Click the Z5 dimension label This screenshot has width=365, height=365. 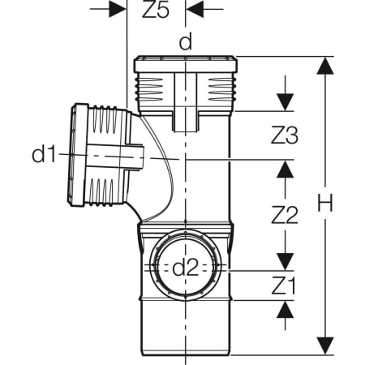(x=156, y=11)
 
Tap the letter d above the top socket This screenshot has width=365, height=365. (x=186, y=41)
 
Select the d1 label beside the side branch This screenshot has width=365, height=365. (x=44, y=153)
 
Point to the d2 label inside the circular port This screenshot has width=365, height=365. (x=186, y=268)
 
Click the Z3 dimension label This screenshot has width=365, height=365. (x=285, y=135)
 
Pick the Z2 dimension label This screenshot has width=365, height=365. (x=285, y=215)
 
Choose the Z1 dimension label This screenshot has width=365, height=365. (x=284, y=286)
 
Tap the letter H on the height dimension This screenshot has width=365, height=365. (x=325, y=203)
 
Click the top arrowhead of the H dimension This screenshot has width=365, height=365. (x=325, y=65)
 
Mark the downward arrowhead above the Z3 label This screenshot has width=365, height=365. (x=285, y=102)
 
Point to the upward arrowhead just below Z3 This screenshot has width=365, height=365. (x=285, y=169)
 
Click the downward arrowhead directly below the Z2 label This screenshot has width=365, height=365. (x=285, y=262)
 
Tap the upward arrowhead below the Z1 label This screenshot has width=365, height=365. (x=285, y=309)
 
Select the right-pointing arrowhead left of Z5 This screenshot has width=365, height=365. (x=118, y=9)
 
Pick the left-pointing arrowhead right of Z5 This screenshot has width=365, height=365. (x=195, y=9)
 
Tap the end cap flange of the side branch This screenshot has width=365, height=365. (x=78, y=155)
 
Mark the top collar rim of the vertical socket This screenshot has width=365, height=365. (x=186, y=64)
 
